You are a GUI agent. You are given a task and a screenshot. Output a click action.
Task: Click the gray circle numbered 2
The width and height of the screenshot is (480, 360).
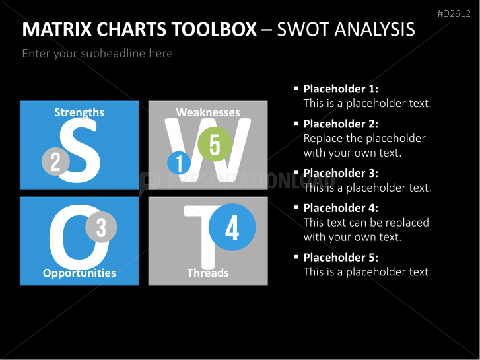click(55, 161)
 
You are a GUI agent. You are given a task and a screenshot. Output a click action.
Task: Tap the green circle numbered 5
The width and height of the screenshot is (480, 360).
click(215, 144)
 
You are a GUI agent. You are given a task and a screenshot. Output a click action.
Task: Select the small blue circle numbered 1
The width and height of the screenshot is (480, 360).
click(179, 163)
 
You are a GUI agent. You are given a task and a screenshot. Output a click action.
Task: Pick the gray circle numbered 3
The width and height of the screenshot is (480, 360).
click(101, 227)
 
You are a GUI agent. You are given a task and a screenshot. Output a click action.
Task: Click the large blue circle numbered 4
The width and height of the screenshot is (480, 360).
click(232, 227)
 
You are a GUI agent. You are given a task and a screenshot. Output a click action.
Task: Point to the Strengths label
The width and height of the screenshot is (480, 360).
click(79, 112)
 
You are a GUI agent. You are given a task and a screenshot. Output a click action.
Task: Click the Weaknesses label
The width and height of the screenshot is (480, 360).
click(208, 112)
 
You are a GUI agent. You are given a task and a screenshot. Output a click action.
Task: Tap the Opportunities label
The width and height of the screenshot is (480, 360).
click(79, 273)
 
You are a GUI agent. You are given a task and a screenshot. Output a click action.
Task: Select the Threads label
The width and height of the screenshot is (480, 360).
click(208, 273)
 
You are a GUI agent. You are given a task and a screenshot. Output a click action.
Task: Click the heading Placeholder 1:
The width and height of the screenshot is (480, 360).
click(341, 89)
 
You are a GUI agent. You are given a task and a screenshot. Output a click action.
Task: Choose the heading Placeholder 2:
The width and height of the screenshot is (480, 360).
click(341, 124)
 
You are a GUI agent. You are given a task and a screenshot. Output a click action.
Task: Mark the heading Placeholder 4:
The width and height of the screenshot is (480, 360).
click(341, 208)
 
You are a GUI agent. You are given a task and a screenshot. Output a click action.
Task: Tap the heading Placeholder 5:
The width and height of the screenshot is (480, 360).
click(341, 258)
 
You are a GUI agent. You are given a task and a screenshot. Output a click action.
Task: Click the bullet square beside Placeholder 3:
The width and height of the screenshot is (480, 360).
click(296, 172)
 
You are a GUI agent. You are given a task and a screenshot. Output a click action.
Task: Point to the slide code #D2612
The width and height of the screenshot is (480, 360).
click(454, 13)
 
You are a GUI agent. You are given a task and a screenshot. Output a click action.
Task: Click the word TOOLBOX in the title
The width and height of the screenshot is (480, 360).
click(214, 30)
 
